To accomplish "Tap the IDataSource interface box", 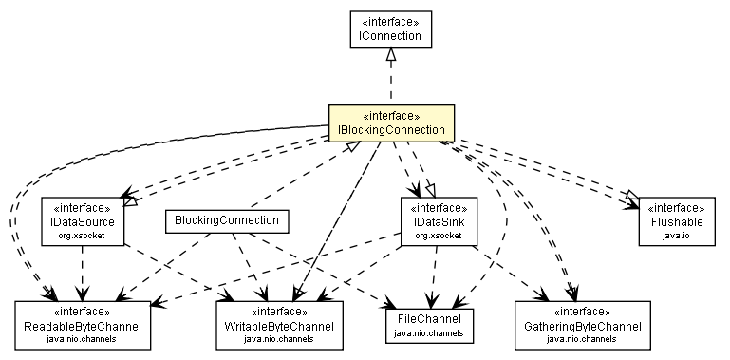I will [83, 220].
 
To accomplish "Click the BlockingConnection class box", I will [226, 220].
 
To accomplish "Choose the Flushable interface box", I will [676, 220].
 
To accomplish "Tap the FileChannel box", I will [429, 323].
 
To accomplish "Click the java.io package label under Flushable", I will [676, 234].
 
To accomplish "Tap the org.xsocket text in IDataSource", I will [83, 234].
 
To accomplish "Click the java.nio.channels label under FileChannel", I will [429, 333].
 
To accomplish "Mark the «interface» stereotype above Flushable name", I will [676, 207].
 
